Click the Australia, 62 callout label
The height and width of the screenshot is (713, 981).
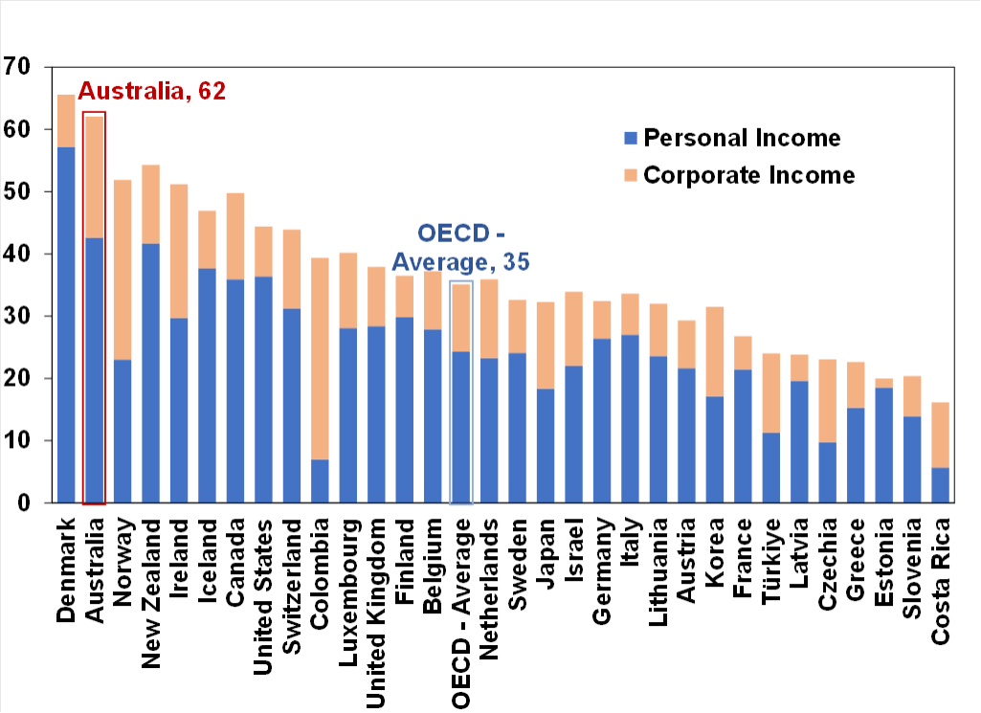(x=151, y=92)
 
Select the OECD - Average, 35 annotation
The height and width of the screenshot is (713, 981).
(x=461, y=247)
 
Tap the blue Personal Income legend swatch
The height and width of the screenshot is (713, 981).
(x=630, y=138)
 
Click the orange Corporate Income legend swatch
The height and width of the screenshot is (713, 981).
(x=630, y=175)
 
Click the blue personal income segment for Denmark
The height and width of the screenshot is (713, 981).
(x=66, y=325)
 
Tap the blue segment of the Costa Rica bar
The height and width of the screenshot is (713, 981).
(x=941, y=485)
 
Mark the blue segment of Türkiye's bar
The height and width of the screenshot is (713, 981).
(x=771, y=468)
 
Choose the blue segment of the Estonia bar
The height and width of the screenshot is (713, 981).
(x=884, y=445)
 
